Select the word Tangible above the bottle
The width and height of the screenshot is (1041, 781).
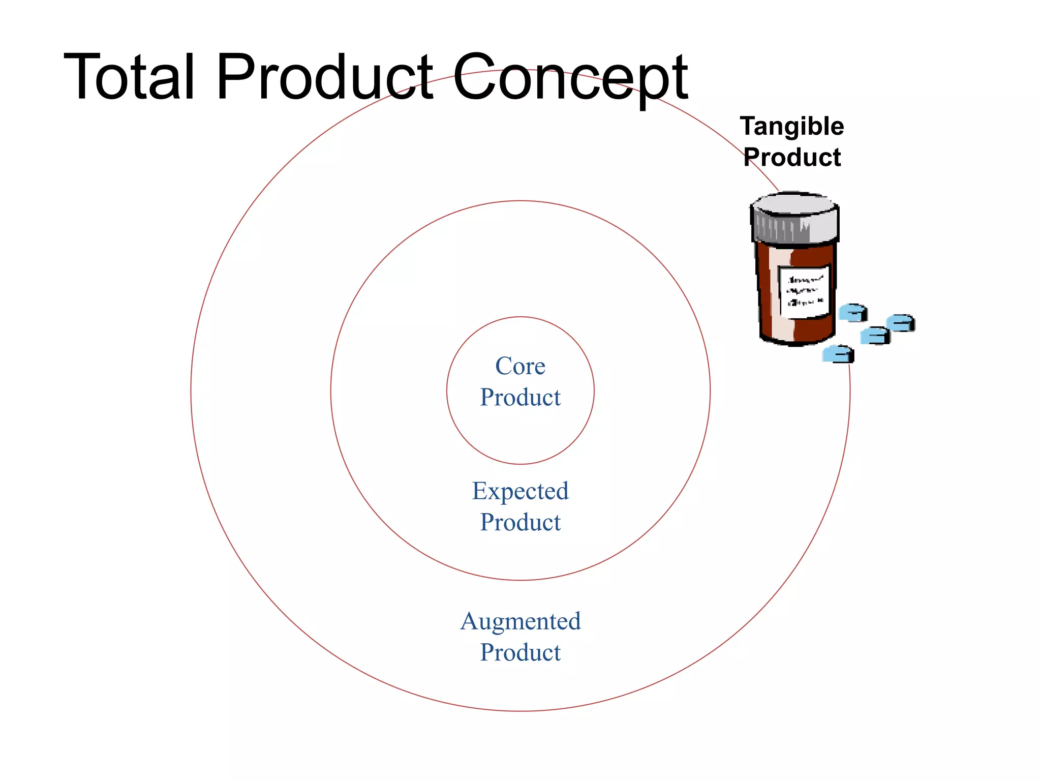point(792,127)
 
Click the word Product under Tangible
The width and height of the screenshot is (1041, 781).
point(792,157)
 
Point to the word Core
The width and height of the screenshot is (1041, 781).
point(520,366)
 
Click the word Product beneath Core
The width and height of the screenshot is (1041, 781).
point(520,397)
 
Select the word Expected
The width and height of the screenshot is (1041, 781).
point(520,491)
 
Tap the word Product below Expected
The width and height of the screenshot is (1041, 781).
point(520,522)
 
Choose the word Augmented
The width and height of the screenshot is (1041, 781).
point(520,621)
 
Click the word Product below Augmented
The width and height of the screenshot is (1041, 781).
point(520,652)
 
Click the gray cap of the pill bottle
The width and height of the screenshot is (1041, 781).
point(795,219)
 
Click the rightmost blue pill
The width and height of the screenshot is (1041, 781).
point(901,323)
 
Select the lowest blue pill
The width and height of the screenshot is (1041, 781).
point(838,354)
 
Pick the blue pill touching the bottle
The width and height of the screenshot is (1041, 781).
point(852,312)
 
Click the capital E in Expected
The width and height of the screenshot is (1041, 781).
point(480,491)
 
